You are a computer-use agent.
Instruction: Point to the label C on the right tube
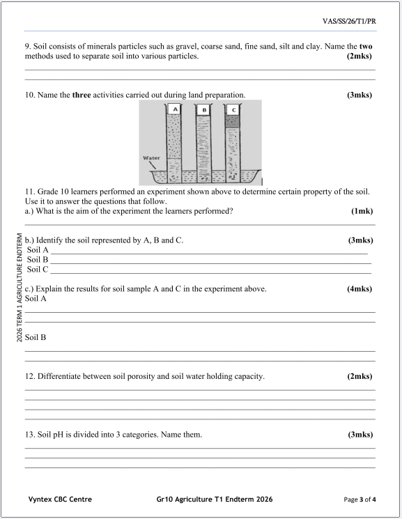pyautogui.click(x=233, y=109)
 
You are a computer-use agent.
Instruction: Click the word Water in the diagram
pyautogui.click(x=151, y=157)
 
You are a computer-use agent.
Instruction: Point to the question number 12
pyautogui.click(x=29, y=376)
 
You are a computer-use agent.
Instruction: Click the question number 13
pyautogui.click(x=29, y=435)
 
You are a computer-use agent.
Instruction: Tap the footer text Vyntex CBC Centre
pyautogui.click(x=60, y=499)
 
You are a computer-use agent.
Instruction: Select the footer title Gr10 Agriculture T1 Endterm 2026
pyautogui.click(x=215, y=499)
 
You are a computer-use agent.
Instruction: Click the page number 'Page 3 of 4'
pyautogui.click(x=360, y=499)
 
